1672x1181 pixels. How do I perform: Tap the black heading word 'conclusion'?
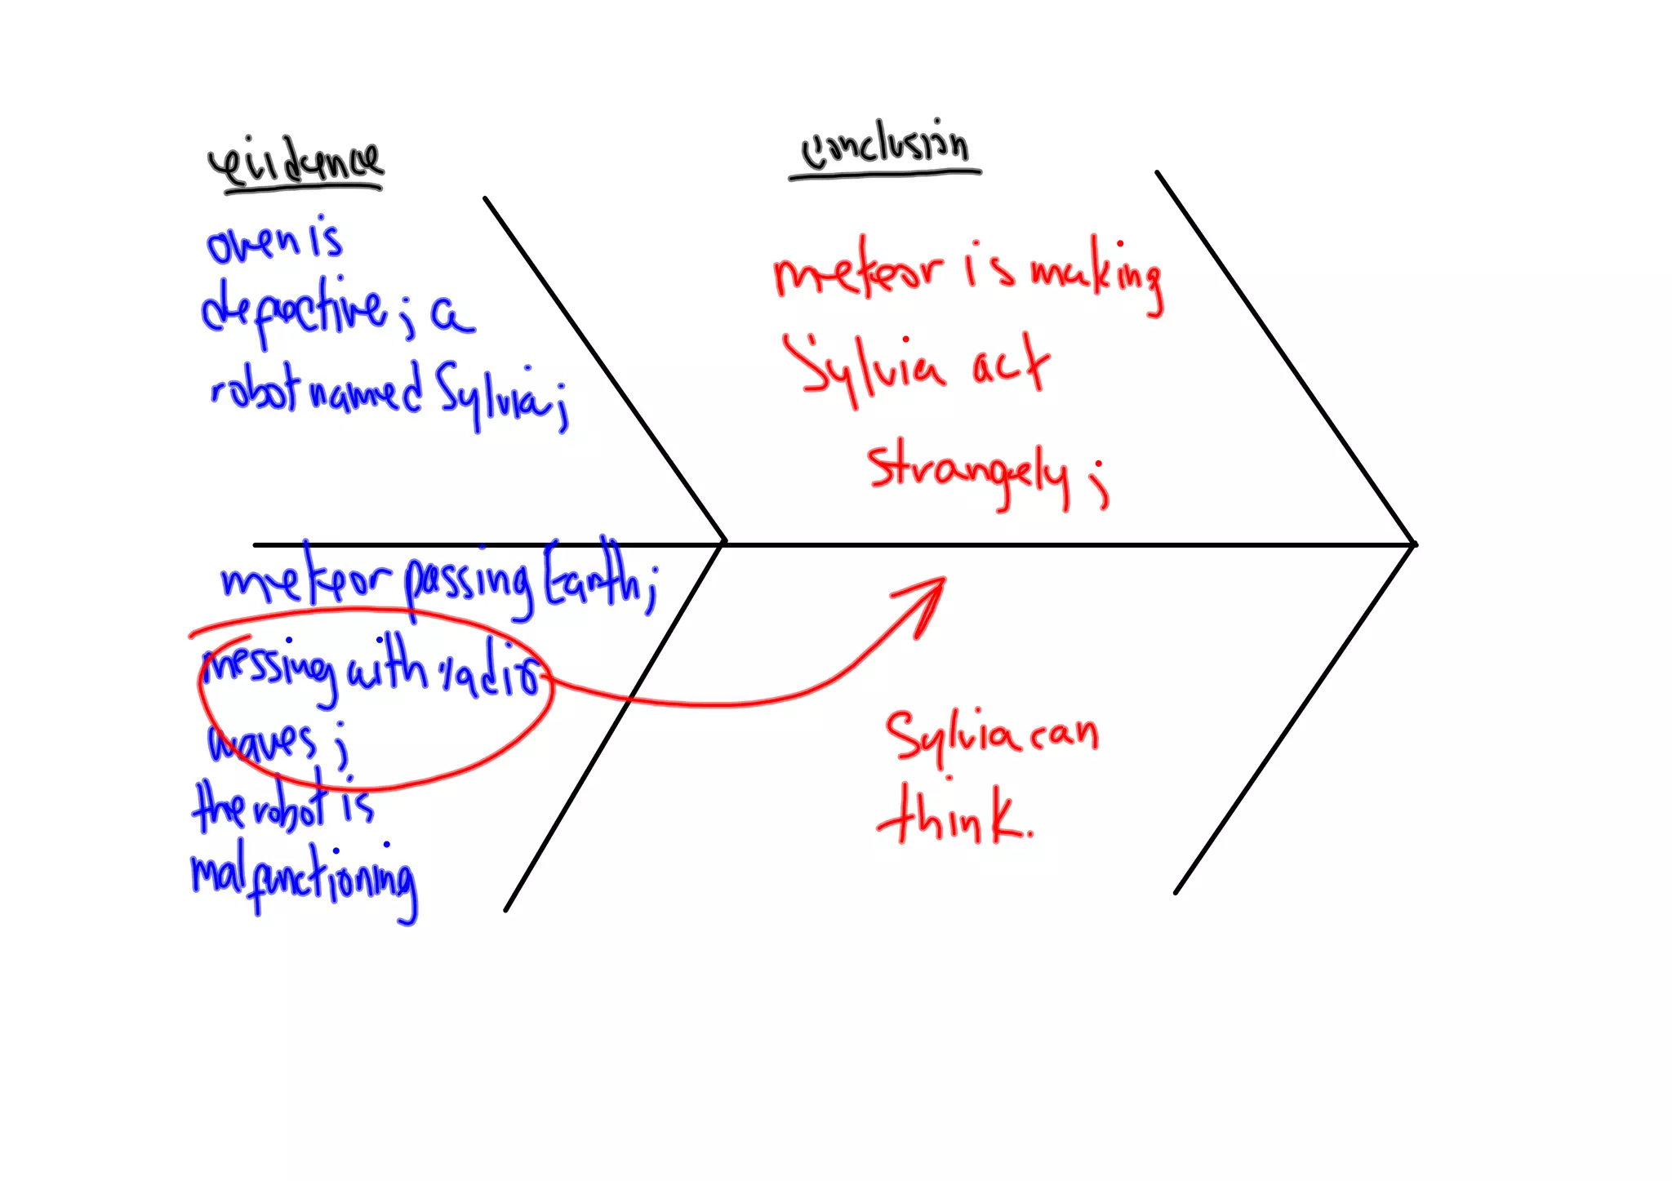point(885,148)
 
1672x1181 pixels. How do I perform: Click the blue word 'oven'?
point(254,242)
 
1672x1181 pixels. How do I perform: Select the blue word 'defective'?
point(295,310)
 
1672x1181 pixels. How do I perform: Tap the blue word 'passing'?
point(469,584)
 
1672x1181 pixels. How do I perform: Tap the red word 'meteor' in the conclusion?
point(857,270)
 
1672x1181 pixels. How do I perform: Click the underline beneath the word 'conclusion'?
point(885,175)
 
